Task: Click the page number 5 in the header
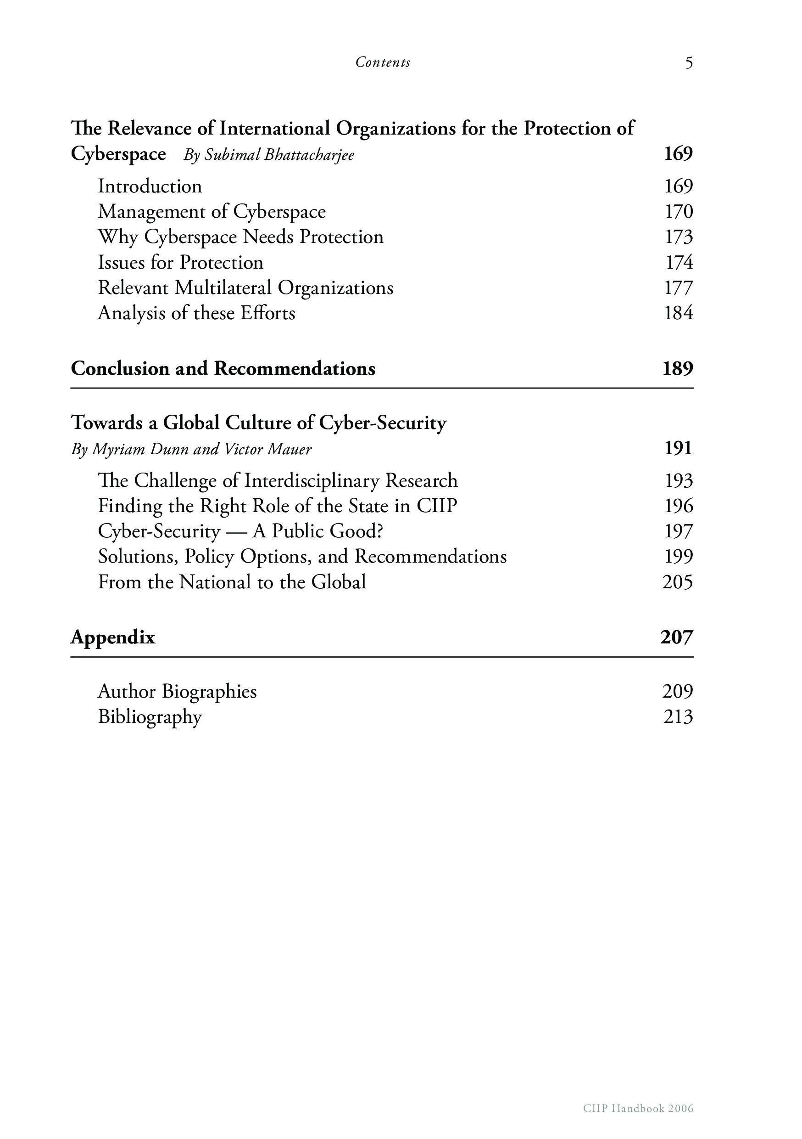(x=689, y=63)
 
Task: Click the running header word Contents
(x=383, y=62)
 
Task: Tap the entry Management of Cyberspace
(x=212, y=212)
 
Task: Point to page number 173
(x=678, y=237)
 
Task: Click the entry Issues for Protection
(x=180, y=262)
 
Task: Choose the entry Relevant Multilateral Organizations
(x=245, y=288)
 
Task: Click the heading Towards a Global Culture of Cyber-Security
(x=259, y=423)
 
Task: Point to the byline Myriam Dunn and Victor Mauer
(x=191, y=449)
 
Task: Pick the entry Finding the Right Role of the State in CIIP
(x=277, y=506)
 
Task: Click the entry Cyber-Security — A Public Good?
(x=240, y=531)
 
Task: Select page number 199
(x=678, y=557)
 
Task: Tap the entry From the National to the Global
(x=232, y=582)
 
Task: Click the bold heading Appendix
(x=113, y=637)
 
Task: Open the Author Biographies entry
(x=178, y=692)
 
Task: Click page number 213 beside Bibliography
(x=678, y=717)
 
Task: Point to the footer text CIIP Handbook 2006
(x=638, y=1108)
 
